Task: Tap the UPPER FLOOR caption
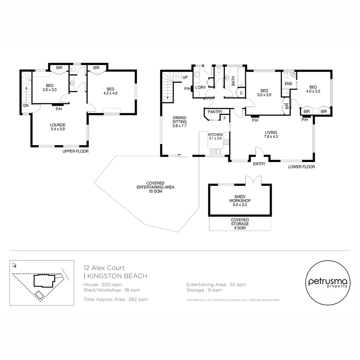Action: click(76, 151)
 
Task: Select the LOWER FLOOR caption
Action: click(301, 167)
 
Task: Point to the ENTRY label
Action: click(259, 164)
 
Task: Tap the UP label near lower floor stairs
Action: click(184, 78)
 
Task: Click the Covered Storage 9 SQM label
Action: click(240, 224)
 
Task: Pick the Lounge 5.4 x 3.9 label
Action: click(58, 127)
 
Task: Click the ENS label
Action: click(288, 84)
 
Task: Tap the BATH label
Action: click(233, 81)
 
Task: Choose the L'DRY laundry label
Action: click(200, 87)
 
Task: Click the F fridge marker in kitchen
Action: click(225, 118)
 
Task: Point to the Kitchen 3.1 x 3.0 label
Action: click(215, 136)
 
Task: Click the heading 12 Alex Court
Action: click(104, 268)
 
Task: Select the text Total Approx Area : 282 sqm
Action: click(115, 299)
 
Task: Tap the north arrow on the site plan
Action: click(14, 265)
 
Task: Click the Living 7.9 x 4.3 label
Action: click(271, 134)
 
